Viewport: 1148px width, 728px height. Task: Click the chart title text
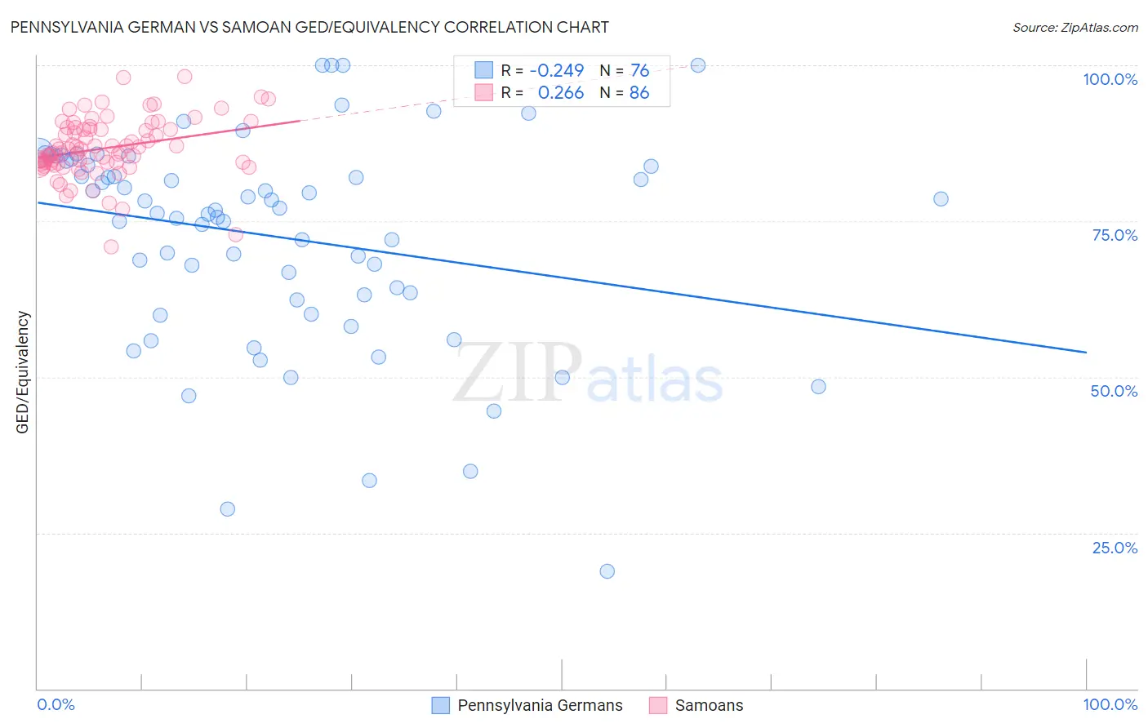pyautogui.click(x=309, y=27)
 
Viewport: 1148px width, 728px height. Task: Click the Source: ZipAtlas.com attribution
pyautogui.click(x=1075, y=27)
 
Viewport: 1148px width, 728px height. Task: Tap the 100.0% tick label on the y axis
pyautogui.click(x=1110, y=79)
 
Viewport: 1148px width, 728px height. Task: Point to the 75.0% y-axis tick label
pyautogui.click(x=1115, y=235)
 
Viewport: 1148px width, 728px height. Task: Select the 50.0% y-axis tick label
pyautogui.click(x=1114, y=391)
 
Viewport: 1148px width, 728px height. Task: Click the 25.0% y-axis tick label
pyautogui.click(x=1115, y=547)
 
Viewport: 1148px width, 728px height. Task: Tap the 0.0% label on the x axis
pyautogui.click(x=56, y=704)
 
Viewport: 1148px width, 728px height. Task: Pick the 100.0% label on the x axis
pyautogui.click(x=1110, y=704)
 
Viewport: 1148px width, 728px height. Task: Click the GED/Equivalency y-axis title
pyautogui.click(x=23, y=372)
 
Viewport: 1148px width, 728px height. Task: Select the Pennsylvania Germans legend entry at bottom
pyautogui.click(x=540, y=705)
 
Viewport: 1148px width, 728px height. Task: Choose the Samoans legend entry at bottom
pyautogui.click(x=709, y=705)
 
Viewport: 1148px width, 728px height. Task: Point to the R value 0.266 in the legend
pyautogui.click(x=561, y=93)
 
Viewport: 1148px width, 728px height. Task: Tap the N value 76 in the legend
pyautogui.click(x=639, y=70)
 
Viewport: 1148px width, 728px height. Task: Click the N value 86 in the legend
pyautogui.click(x=639, y=93)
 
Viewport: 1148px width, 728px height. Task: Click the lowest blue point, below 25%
pyautogui.click(x=607, y=571)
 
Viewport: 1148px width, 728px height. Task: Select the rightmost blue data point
pyautogui.click(x=941, y=199)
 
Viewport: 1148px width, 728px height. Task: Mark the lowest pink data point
pyautogui.click(x=111, y=246)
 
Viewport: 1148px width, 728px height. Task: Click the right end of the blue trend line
pyautogui.click(x=1086, y=352)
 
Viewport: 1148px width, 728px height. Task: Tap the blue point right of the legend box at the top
pyautogui.click(x=698, y=65)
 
